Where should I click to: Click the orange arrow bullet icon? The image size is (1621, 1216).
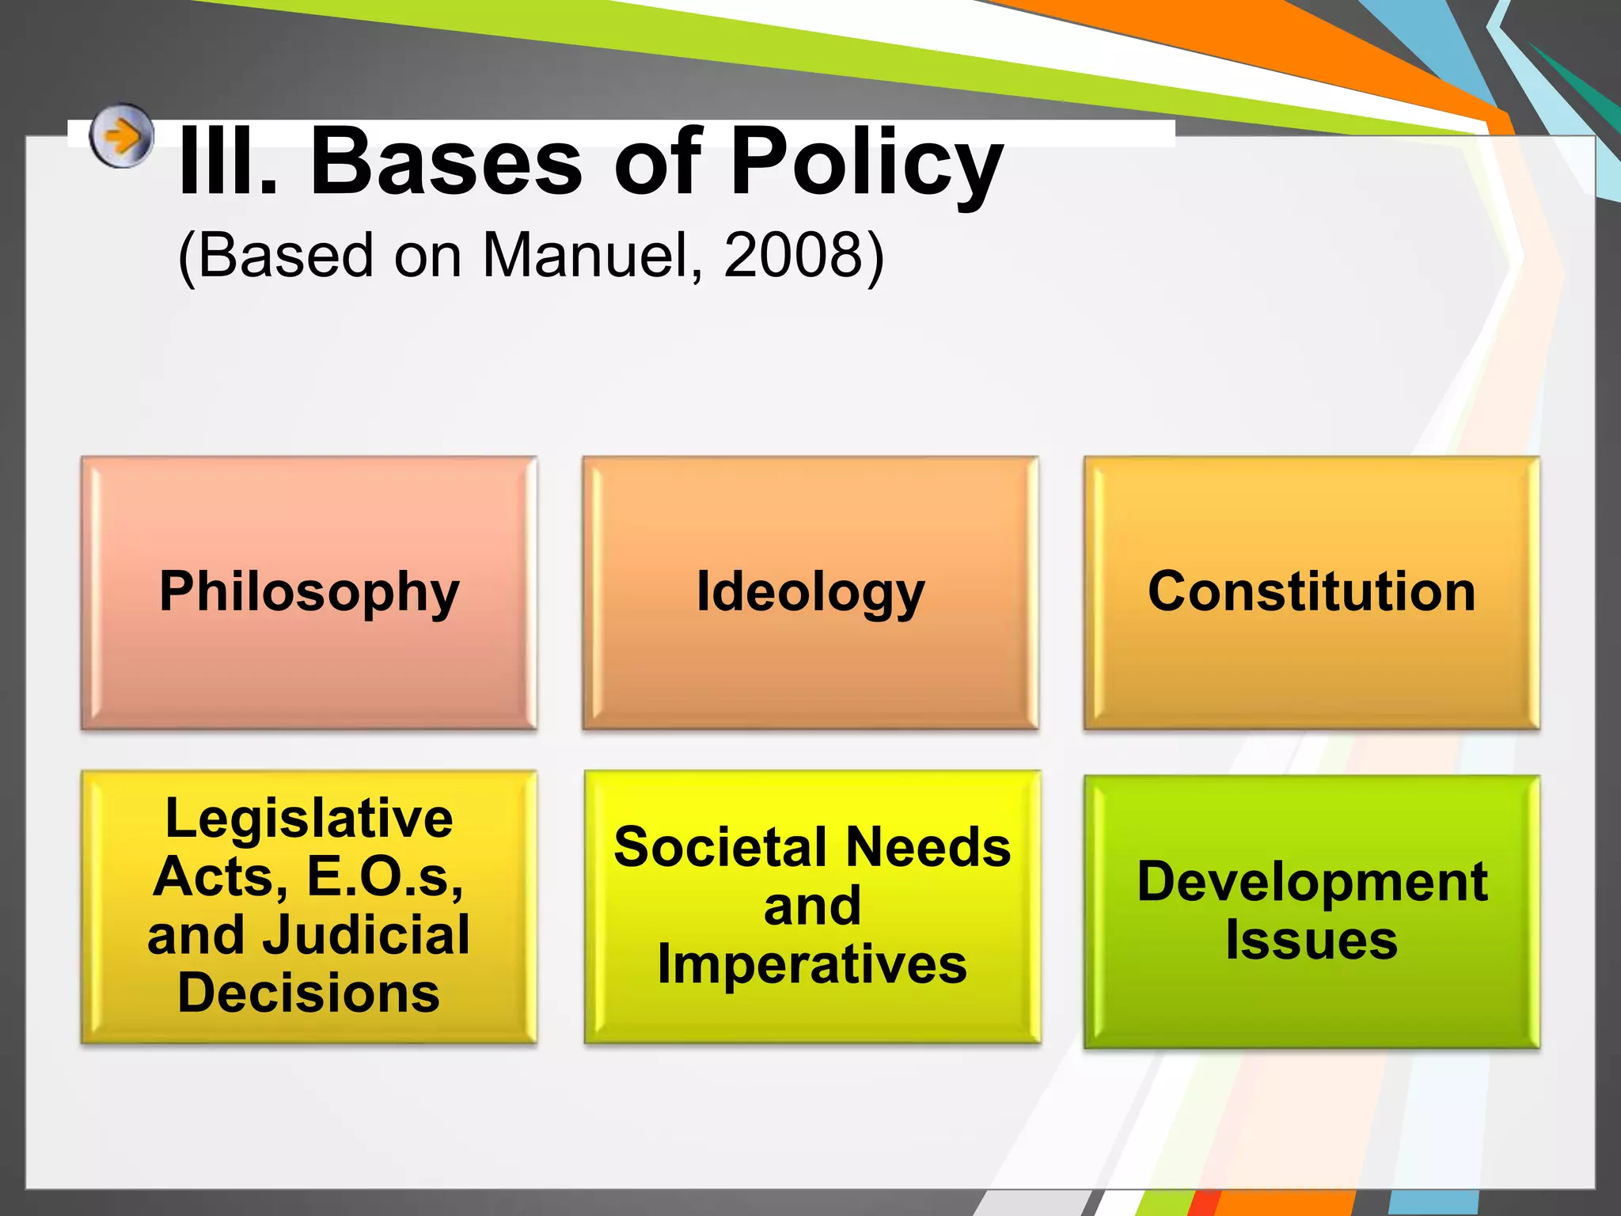click(x=120, y=136)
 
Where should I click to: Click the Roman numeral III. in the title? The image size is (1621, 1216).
click(x=228, y=163)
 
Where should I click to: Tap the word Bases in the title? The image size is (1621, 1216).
click(x=446, y=163)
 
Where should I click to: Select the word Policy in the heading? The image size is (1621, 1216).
click(x=866, y=166)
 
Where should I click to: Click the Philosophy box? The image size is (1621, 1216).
click(x=309, y=592)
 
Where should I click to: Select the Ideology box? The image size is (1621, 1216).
click(x=810, y=592)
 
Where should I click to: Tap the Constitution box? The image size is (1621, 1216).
click(x=1312, y=592)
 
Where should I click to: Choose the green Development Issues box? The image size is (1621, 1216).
click(x=1312, y=910)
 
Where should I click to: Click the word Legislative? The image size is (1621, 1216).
click(x=309, y=819)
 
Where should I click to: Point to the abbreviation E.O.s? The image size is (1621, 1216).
click(x=385, y=877)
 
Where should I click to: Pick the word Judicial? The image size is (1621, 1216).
click(x=366, y=935)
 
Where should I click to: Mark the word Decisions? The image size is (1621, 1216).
click(x=309, y=994)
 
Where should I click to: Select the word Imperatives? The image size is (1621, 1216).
click(x=812, y=964)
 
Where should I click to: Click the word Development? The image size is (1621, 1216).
click(x=1312, y=882)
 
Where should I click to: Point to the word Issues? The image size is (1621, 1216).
click(x=1312, y=940)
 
